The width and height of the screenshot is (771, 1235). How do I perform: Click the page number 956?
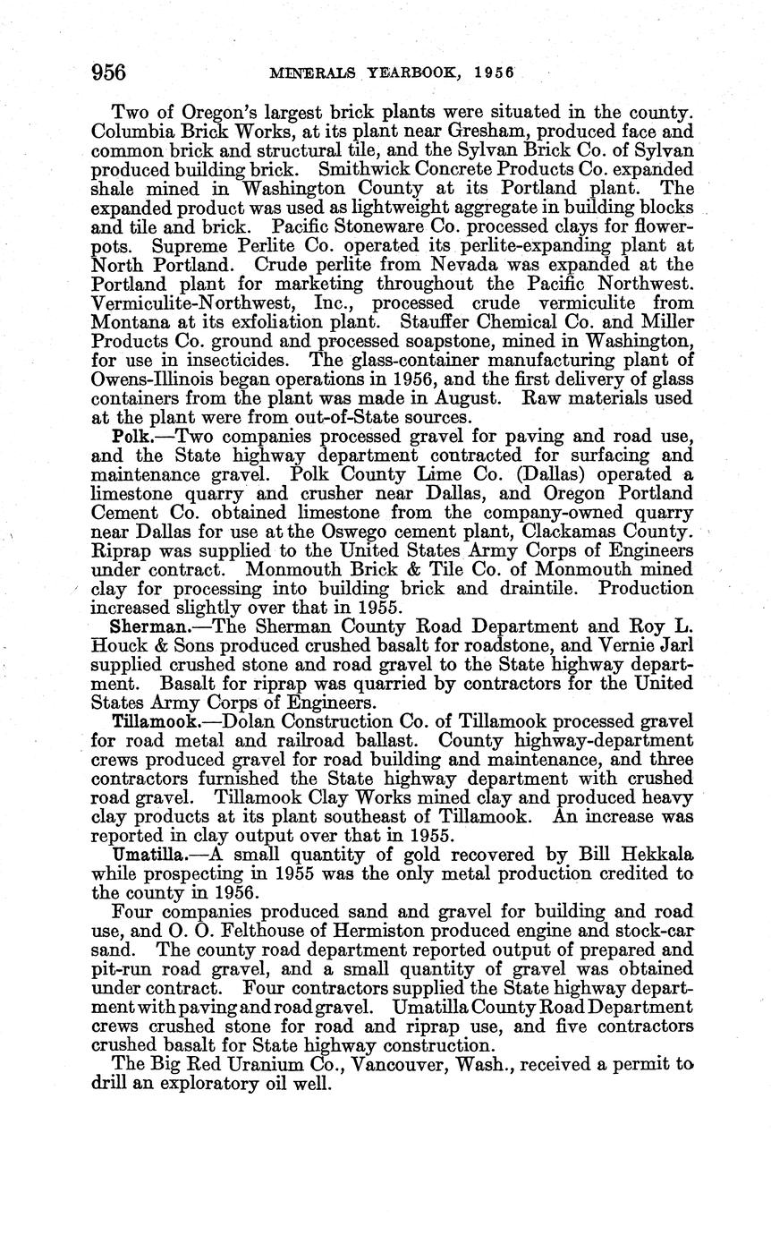(109, 72)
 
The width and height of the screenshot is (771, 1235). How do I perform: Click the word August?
(490, 398)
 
